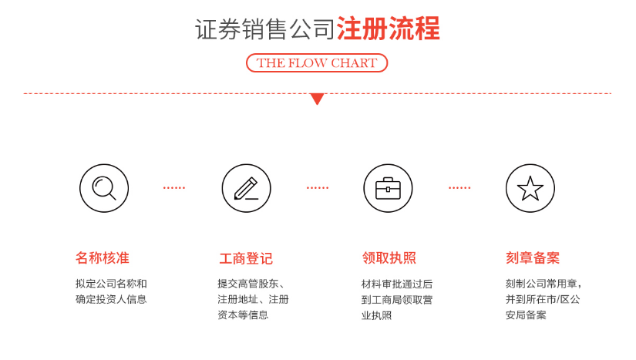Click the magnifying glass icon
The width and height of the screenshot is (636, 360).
[103, 188]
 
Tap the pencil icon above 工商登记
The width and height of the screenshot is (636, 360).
[246, 188]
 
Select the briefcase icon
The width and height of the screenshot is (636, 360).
[388, 188]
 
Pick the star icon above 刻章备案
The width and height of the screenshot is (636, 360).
[530, 188]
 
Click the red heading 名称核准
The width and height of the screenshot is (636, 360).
[103, 258]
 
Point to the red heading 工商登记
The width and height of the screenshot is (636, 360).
[245, 258]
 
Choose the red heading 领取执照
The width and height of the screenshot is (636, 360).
[389, 258]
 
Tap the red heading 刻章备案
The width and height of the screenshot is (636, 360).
[533, 258]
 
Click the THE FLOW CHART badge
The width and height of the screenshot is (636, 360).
[317, 63]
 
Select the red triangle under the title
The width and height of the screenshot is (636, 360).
[317, 99]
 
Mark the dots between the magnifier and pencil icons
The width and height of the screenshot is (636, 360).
[174, 188]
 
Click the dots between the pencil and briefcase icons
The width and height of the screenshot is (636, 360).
[317, 188]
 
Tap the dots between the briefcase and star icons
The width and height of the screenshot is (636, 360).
[459, 188]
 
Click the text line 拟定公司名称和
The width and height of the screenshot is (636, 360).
[111, 284]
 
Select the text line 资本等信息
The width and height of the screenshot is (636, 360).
[243, 315]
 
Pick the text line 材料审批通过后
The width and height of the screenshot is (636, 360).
[397, 284]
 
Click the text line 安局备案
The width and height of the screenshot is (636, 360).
[526, 315]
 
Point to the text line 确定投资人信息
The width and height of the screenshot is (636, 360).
[111, 299]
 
